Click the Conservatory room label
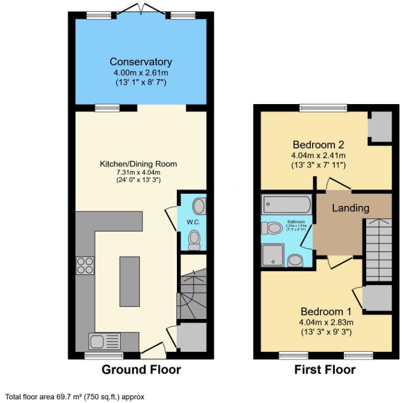click(x=141, y=62)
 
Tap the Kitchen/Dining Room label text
click(x=138, y=164)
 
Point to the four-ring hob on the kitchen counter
click(x=85, y=266)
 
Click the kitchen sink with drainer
click(x=104, y=340)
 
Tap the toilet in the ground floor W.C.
click(x=194, y=239)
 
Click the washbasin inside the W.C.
click(x=201, y=207)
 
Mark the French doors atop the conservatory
click(x=141, y=9)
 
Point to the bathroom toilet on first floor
click(x=274, y=229)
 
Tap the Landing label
click(x=350, y=208)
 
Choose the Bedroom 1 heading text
click(x=325, y=311)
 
